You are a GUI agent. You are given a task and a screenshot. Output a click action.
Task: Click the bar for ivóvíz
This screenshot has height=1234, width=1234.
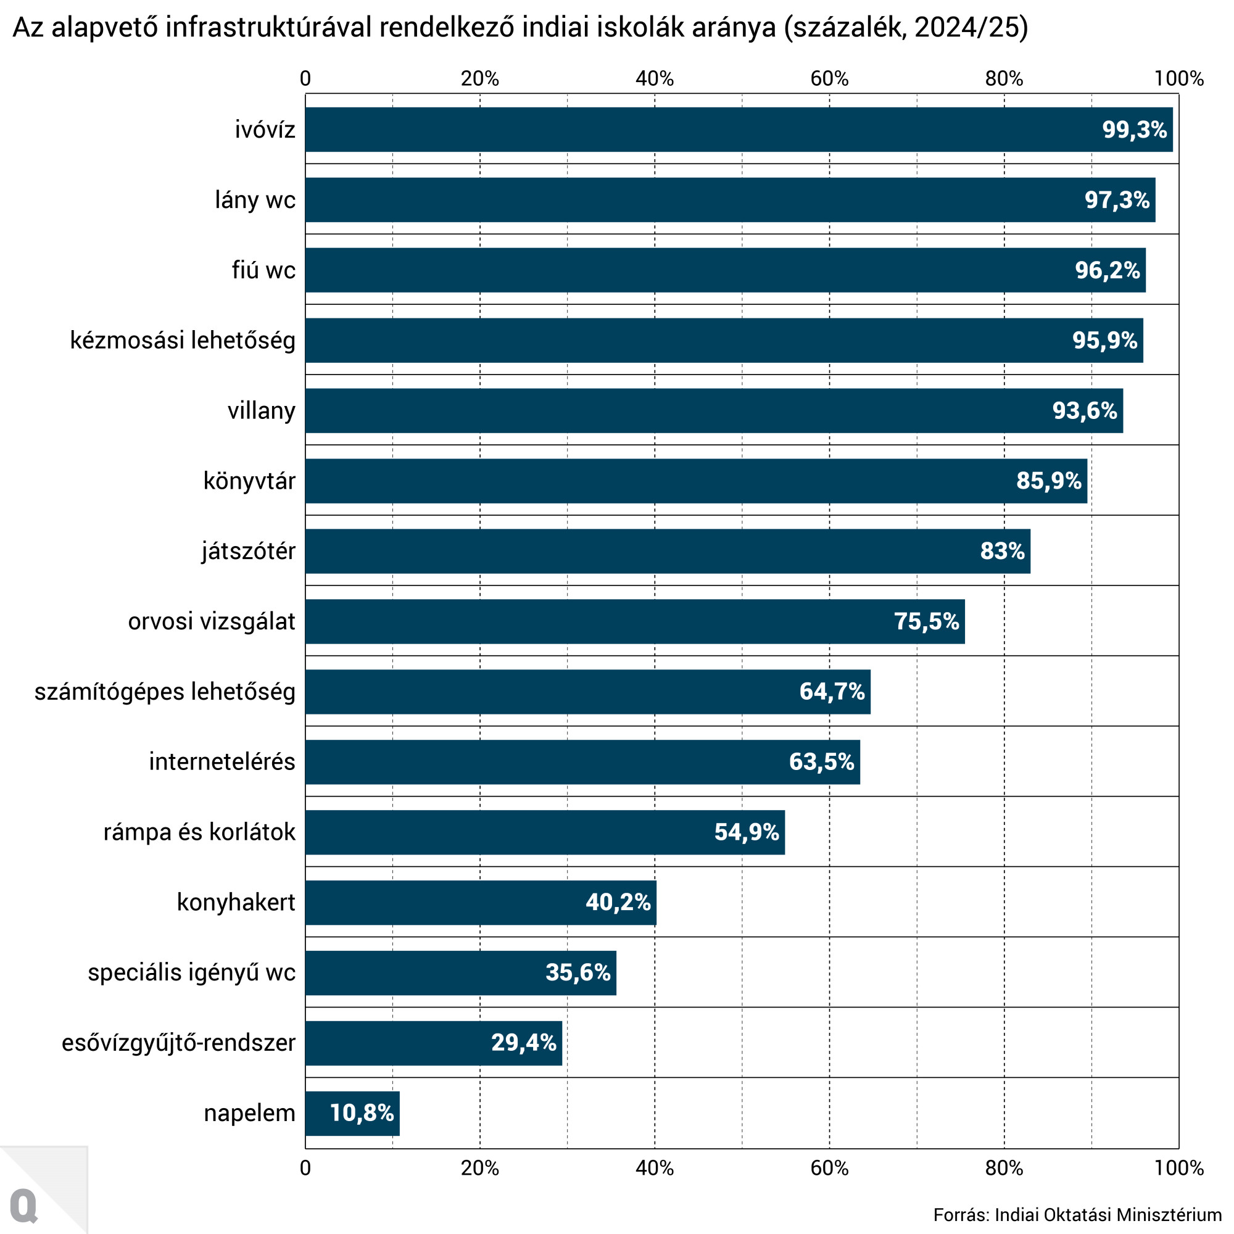pyautogui.click(x=703, y=130)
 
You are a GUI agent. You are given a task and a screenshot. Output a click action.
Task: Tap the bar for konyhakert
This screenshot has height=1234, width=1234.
pyautogui.click(x=447, y=903)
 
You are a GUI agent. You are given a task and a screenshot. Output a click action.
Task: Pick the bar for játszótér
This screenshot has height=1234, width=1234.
pyautogui.click(x=639, y=551)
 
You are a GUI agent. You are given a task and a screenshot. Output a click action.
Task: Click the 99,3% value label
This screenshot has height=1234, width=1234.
pyautogui.click(x=1135, y=130)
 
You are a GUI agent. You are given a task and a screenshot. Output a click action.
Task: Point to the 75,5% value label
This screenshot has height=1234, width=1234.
pyautogui.click(x=926, y=621)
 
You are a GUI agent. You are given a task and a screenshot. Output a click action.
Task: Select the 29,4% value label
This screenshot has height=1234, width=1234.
pyautogui.click(x=524, y=1043)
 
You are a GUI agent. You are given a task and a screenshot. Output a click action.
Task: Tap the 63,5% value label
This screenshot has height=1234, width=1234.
pyautogui.click(x=821, y=762)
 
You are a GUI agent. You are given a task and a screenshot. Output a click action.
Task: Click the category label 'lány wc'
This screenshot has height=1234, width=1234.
pyautogui.click(x=255, y=200)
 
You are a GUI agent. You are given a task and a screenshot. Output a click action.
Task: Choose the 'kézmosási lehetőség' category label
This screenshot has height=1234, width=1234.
pyautogui.click(x=183, y=341)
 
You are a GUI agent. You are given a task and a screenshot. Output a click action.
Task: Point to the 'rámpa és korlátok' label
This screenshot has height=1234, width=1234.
pyautogui.click(x=199, y=832)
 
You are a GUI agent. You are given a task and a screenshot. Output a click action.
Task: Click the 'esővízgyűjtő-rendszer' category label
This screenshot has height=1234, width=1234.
pyautogui.click(x=178, y=1043)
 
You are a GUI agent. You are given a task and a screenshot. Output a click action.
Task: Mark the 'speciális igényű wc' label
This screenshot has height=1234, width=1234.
pyautogui.click(x=192, y=973)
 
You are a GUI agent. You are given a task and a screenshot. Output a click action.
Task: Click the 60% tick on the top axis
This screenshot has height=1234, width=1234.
pyautogui.click(x=829, y=78)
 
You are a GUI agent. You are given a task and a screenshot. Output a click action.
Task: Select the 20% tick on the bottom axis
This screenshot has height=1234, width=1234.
pyautogui.click(x=479, y=1168)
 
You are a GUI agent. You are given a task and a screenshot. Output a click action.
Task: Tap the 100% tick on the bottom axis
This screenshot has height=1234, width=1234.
pyautogui.click(x=1178, y=1168)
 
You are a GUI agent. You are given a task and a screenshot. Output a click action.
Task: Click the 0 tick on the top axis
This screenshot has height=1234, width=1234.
pyautogui.click(x=305, y=78)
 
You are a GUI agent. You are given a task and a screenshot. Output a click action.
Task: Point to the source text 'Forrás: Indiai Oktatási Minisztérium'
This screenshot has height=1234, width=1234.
pyautogui.click(x=1077, y=1215)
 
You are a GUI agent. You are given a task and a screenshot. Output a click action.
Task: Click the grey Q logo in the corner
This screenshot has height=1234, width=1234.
pyautogui.click(x=24, y=1205)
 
